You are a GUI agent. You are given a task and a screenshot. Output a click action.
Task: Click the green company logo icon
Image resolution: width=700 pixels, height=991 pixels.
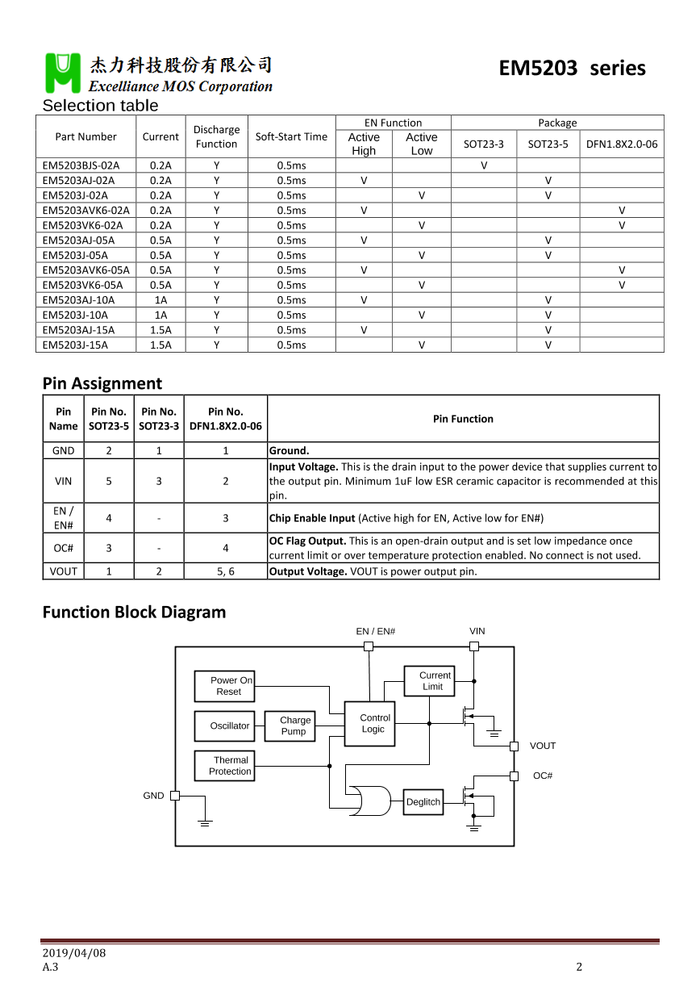pyautogui.click(x=63, y=73)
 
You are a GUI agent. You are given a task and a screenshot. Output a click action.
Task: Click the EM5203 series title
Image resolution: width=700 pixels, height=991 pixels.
pyautogui.click(x=572, y=68)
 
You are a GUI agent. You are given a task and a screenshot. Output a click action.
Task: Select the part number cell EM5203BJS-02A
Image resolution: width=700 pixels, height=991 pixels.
pyautogui.click(x=81, y=165)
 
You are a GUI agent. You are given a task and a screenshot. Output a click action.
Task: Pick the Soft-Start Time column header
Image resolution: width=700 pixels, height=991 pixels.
pyautogui.click(x=291, y=136)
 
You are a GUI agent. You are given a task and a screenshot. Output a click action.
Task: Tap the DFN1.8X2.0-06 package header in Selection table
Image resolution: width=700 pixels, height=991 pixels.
pyautogui.click(x=621, y=144)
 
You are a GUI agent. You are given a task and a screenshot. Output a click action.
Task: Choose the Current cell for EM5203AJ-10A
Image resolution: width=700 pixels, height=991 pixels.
pyautogui.click(x=160, y=300)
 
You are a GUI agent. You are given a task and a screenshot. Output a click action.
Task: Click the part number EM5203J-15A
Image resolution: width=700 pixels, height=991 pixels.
pyautogui.click(x=75, y=345)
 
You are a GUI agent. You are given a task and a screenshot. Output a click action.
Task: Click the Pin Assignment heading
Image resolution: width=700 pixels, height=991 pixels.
pyautogui.click(x=102, y=383)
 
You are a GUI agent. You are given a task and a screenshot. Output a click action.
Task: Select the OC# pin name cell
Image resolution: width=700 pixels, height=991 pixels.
pyautogui.click(x=64, y=548)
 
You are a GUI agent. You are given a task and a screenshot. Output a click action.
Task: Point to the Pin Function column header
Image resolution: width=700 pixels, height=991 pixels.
pyautogui.click(x=463, y=419)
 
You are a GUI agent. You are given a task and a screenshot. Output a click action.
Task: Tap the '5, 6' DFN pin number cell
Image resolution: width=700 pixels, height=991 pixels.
pyautogui.click(x=226, y=571)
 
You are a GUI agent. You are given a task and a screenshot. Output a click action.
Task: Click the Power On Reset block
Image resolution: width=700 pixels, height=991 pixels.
pyautogui.click(x=224, y=686)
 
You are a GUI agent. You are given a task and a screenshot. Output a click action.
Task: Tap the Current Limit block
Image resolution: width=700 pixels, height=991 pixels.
pyautogui.click(x=429, y=680)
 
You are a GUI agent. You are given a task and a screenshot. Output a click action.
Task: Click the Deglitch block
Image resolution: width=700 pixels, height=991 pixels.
pyautogui.click(x=423, y=801)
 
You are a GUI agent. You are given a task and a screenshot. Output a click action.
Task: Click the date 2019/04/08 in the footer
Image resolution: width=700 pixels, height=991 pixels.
pyautogui.click(x=74, y=953)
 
